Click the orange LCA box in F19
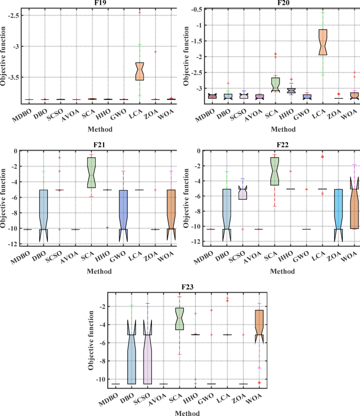(x=140, y=71)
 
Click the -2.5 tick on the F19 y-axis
(x=17, y=16)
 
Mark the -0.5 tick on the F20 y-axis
(x=195, y=10)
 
